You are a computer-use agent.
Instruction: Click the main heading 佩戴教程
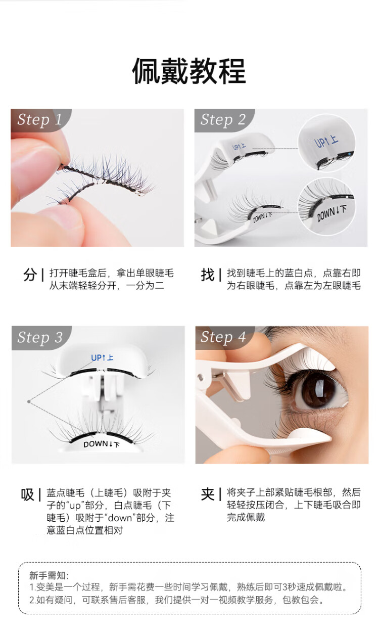(189, 71)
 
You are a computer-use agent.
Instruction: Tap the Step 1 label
(39, 120)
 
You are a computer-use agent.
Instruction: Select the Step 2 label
(223, 120)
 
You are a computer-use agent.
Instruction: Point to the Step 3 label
(40, 337)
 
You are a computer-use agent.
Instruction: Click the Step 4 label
(223, 337)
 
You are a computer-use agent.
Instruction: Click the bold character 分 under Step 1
(30, 275)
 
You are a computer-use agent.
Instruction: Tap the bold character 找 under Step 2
(208, 275)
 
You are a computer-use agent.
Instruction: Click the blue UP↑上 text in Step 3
(102, 358)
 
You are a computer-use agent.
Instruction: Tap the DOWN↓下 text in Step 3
(102, 444)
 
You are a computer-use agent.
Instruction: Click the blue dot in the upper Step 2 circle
(350, 154)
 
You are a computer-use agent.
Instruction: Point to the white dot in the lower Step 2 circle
(347, 197)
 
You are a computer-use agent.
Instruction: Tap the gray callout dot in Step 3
(29, 401)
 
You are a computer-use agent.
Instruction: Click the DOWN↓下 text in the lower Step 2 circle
(331, 213)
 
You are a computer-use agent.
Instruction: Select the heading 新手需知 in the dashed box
(49, 575)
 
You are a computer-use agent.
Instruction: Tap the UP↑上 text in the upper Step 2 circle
(326, 142)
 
